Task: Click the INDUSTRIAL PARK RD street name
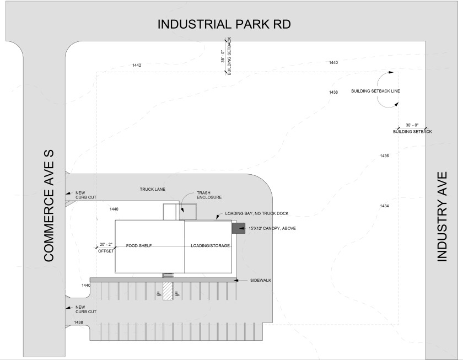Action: tap(224, 25)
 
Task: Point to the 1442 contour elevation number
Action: tap(137, 66)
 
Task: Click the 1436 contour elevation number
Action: tap(384, 156)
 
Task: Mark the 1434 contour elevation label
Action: tap(384, 206)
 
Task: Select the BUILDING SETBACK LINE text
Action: tap(375, 91)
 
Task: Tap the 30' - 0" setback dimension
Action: tap(412, 125)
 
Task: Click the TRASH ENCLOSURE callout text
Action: tap(209, 195)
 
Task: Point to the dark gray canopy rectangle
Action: tap(238, 227)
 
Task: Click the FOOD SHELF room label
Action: tap(139, 245)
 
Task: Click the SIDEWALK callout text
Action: tap(261, 281)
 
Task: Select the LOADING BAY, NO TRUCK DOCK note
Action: tap(256, 213)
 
